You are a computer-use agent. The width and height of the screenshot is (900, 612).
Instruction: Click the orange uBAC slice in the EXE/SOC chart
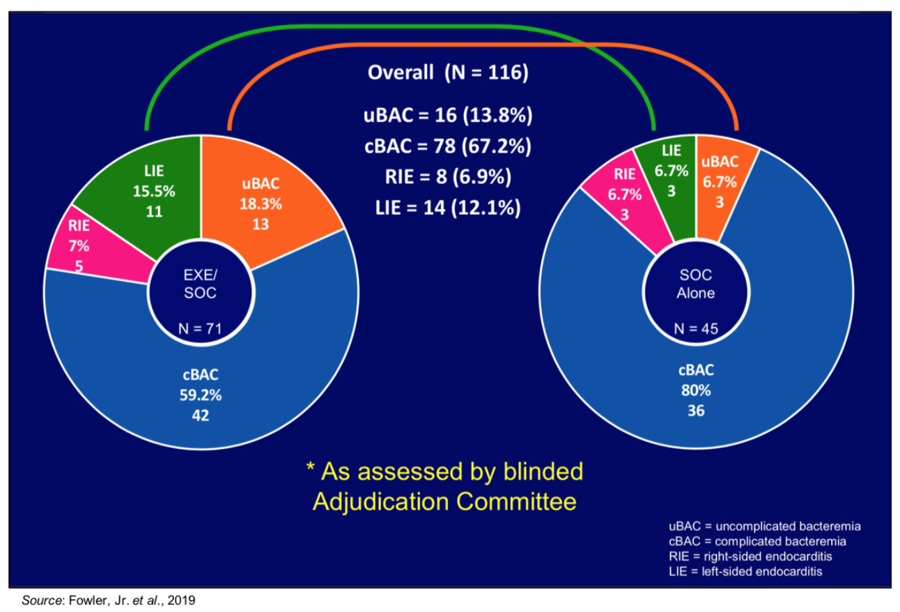(265, 202)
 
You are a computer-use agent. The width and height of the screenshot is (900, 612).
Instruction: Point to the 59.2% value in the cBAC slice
(201, 395)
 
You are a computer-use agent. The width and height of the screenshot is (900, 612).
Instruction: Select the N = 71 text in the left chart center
(200, 329)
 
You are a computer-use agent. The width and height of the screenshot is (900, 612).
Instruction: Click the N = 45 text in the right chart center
(696, 329)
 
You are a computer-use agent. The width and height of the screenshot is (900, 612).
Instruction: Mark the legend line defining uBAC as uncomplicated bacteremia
(764, 526)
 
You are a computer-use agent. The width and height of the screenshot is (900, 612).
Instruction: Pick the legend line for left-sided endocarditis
(745, 572)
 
